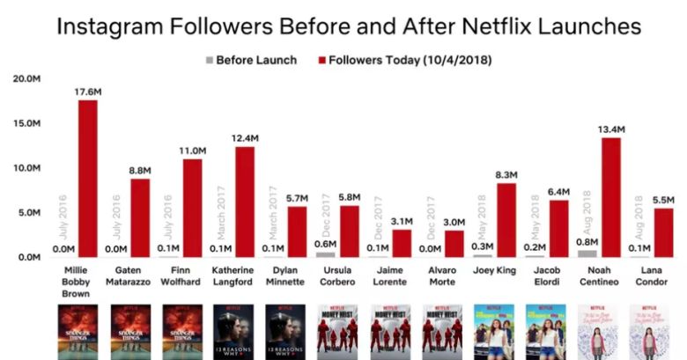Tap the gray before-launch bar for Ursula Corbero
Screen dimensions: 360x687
click(324, 254)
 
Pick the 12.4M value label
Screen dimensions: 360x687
click(244, 138)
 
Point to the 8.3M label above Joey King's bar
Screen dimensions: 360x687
click(506, 174)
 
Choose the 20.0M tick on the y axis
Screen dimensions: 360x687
click(26, 78)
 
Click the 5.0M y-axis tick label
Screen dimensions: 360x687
click(29, 212)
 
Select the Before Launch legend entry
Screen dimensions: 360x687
click(252, 61)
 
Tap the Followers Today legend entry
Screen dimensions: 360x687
click(406, 61)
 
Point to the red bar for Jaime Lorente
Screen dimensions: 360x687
click(402, 243)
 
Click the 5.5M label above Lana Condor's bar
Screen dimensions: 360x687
click(662, 200)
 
